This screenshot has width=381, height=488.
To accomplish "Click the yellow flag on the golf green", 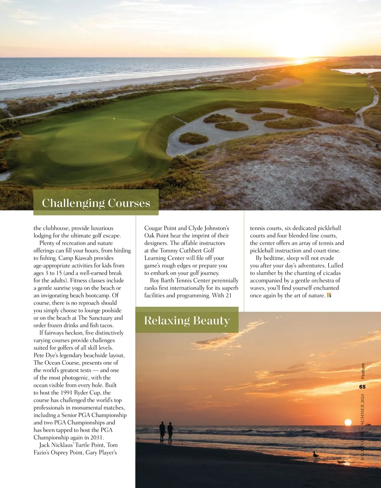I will click(x=114, y=119).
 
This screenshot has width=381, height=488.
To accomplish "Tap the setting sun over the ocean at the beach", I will click(x=348, y=422).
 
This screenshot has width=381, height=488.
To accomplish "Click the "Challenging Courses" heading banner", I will click(x=96, y=203).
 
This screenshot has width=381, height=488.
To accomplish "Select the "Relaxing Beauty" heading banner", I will click(x=187, y=320).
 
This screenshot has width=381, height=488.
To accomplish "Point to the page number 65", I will click(x=362, y=387).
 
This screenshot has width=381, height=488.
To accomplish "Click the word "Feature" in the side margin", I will click(x=363, y=371).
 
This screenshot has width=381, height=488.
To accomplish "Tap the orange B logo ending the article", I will click(x=329, y=295).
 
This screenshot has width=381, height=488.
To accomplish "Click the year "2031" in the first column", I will click(x=96, y=437).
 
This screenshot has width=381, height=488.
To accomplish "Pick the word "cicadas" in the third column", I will click(x=332, y=273).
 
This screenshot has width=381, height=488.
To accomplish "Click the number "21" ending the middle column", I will click(x=229, y=295).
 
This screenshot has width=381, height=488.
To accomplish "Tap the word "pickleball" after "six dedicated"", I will click(x=328, y=228).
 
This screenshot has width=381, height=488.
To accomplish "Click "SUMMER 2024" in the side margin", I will click(x=363, y=409).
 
